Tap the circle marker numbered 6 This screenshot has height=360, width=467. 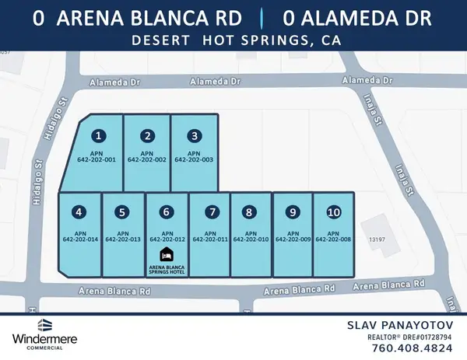164,211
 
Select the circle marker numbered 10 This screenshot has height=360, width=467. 333,211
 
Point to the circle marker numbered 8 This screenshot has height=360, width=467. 248,211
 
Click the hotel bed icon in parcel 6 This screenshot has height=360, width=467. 165,254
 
